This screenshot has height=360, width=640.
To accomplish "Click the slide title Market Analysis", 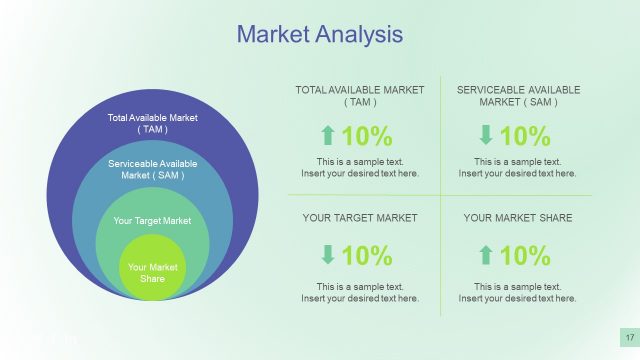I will tap(319, 35).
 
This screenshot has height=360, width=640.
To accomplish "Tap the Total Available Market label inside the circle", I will tap(153, 124).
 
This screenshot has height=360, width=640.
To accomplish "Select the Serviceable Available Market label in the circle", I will tap(153, 169).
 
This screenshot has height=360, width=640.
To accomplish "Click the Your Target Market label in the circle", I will tap(153, 220).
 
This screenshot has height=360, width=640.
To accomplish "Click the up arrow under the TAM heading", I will tap(327, 136).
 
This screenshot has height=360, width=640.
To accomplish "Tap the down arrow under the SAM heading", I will tap(485, 136).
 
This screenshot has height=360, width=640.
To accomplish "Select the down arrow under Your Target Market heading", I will tap(327, 256).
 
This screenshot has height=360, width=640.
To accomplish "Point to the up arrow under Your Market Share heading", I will tap(485, 256).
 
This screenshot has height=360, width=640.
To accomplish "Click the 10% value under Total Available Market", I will tap(367, 136).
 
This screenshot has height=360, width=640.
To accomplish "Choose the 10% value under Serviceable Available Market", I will tap(525, 136).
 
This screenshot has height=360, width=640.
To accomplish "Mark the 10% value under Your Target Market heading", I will tap(367, 256).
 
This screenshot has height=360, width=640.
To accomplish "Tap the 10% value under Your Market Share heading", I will tap(525, 256).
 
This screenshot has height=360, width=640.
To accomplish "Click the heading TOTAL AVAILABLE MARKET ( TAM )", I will tap(360, 96).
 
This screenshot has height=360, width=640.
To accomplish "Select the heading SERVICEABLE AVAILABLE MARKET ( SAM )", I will tap(518, 96).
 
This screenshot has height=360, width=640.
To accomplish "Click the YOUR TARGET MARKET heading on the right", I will tap(360, 217).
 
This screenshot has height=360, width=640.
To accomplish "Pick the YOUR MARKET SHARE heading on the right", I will tap(518, 217).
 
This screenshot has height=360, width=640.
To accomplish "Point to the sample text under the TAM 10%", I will tap(360, 167).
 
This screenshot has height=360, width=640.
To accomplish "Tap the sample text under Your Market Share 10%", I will tap(518, 292).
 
